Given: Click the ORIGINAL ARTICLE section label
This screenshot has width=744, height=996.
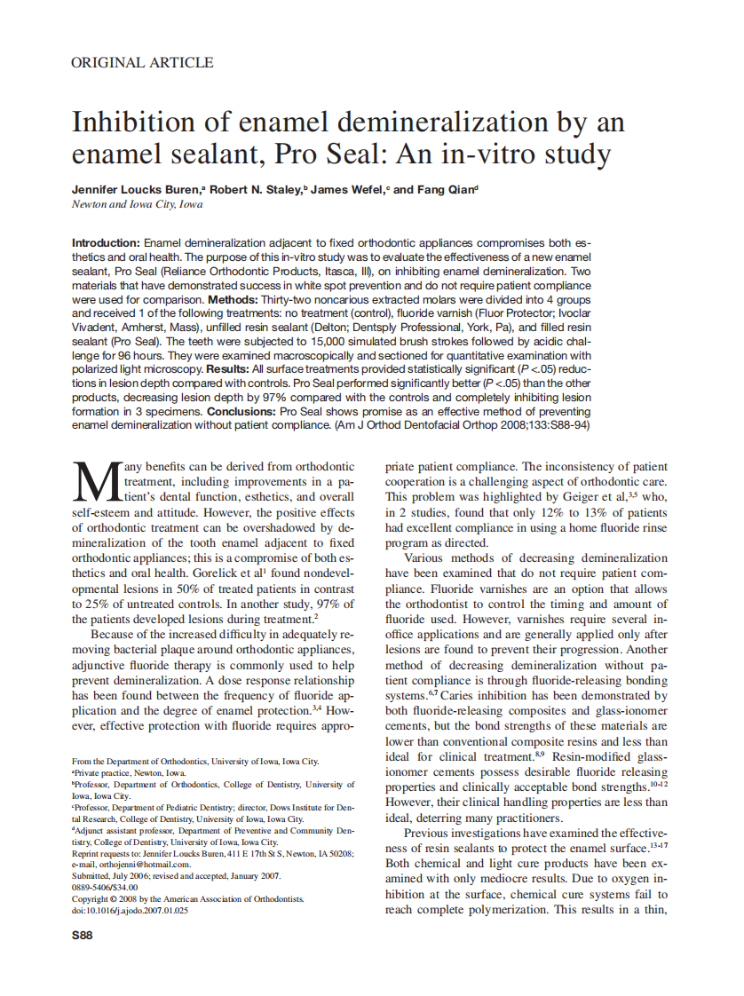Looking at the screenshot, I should point(142,63).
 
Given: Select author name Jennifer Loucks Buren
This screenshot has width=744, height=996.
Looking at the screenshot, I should point(136,190).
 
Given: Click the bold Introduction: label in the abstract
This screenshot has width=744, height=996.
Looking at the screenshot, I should point(106,242).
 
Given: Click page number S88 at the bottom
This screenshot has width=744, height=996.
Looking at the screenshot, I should point(83,935).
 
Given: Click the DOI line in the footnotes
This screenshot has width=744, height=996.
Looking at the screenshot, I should point(130,910).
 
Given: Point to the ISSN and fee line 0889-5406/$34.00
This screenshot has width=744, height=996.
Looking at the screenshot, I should point(104,887).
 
